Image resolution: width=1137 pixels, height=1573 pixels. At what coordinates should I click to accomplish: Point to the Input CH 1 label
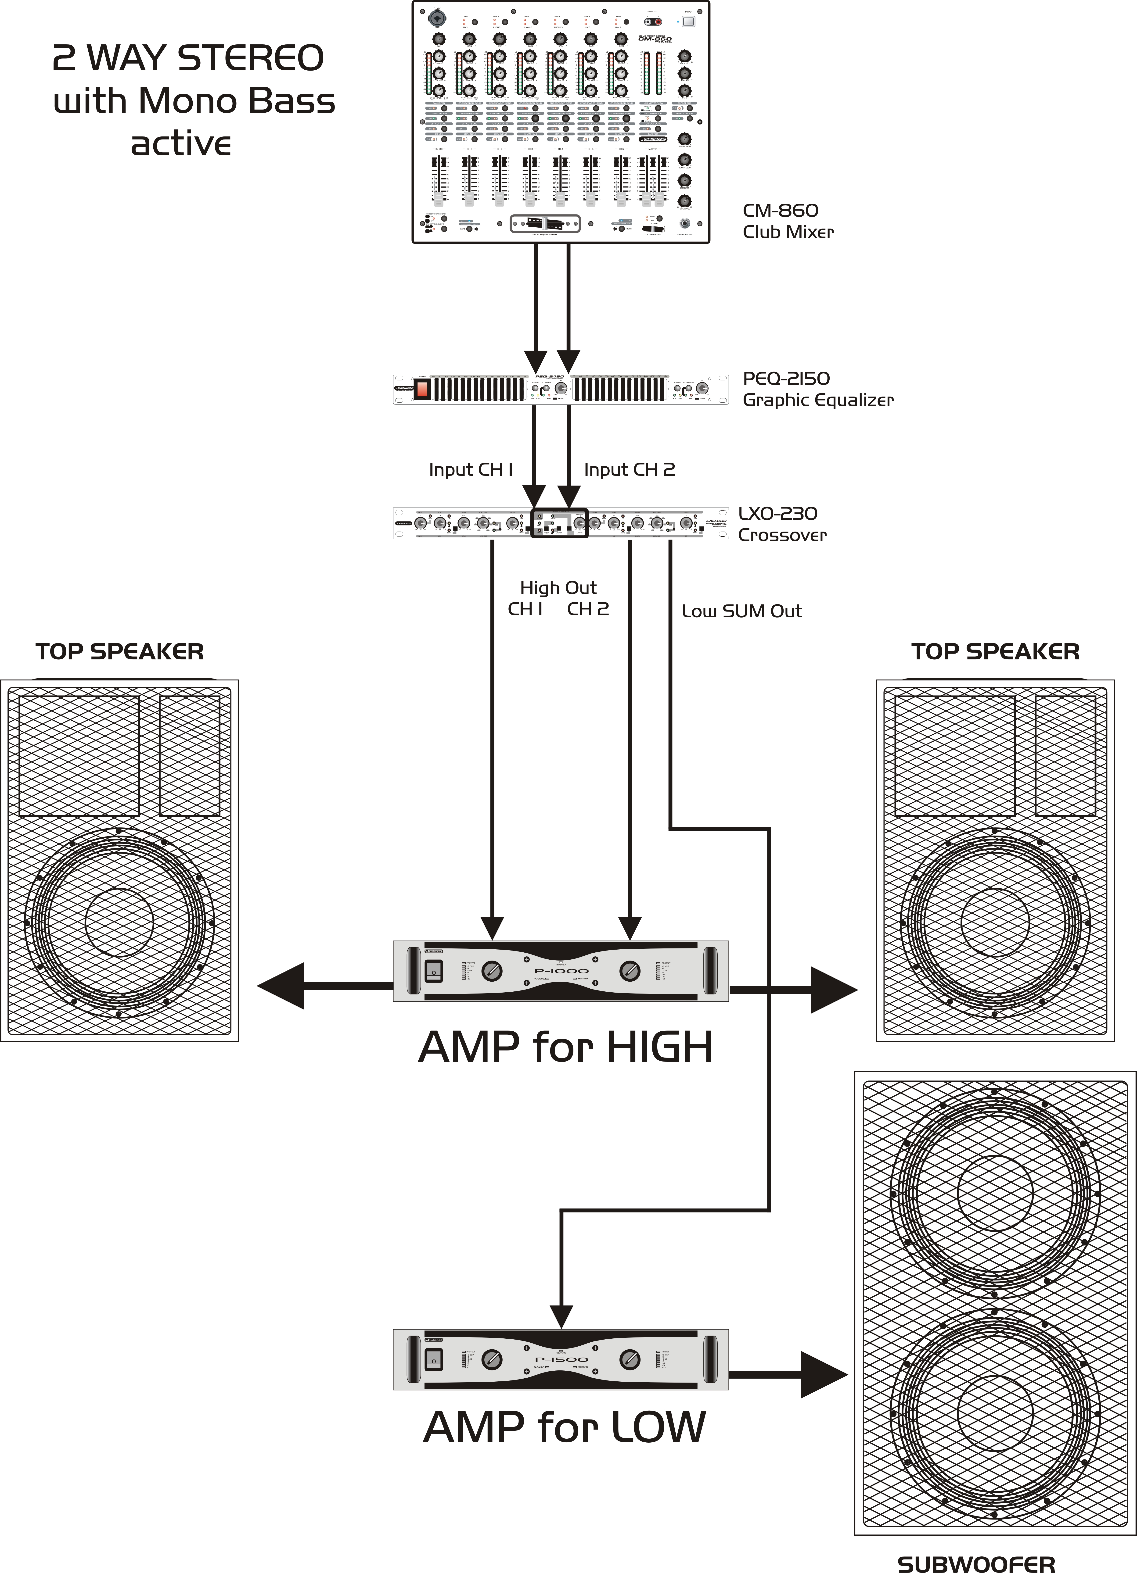click(470, 470)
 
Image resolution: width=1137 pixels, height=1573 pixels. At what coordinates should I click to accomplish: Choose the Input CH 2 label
click(629, 470)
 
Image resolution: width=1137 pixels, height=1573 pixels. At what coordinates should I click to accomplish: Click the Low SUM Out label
click(741, 611)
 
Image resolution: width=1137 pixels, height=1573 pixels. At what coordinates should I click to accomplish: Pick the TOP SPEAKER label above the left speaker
click(119, 652)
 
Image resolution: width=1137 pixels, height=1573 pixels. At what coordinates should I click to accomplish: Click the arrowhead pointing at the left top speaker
click(281, 986)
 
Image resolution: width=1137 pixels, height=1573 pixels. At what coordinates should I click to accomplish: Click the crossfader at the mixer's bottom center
click(545, 223)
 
